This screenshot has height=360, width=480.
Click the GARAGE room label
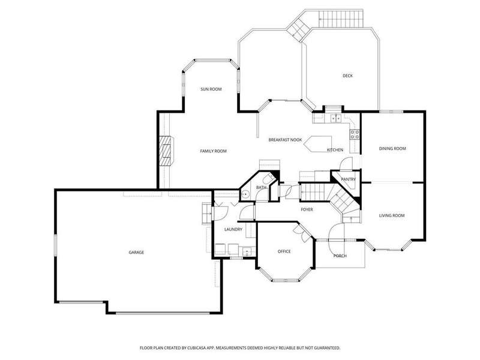click(136, 252)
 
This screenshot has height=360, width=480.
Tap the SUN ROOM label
click(211, 89)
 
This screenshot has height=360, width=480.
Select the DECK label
click(347, 76)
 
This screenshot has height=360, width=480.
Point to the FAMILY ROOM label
click(214, 151)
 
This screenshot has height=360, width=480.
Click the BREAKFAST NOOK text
click(286, 140)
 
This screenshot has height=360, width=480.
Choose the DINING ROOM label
click(392, 148)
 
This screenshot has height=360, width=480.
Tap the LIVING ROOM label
click(392, 215)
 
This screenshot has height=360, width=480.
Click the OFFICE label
click(284, 251)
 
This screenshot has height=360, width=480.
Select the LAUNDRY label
click(233, 229)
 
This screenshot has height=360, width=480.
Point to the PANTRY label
click(349, 179)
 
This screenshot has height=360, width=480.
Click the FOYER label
click(307, 209)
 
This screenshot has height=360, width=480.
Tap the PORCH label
click(340, 256)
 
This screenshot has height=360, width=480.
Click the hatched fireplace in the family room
click(167, 151)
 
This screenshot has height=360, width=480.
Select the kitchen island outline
click(319, 143)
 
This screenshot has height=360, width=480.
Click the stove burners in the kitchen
click(355, 134)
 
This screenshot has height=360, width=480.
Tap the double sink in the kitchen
click(336, 118)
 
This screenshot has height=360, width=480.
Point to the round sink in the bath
click(245, 194)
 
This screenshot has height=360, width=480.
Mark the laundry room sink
click(247, 251)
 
